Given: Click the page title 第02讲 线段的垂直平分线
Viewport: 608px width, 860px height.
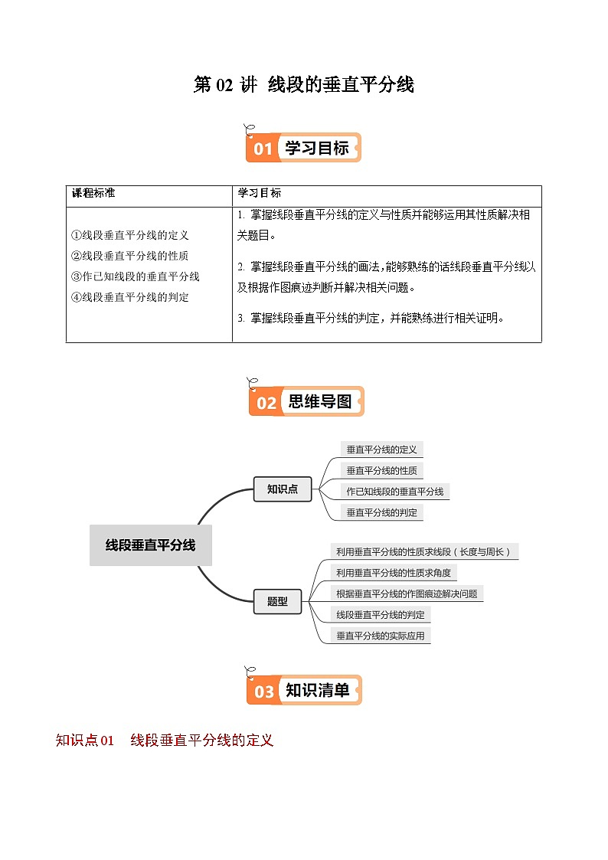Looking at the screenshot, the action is (304, 85).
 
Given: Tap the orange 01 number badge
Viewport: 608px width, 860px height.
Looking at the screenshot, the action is (263, 149).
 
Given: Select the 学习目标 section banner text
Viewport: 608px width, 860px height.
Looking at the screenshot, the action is (316, 148).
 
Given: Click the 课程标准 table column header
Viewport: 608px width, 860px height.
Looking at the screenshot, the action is (93, 193).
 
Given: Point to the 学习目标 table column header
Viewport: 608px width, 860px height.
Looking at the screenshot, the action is (260, 193).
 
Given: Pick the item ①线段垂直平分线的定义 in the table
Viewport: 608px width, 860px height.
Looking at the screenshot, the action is (129, 236).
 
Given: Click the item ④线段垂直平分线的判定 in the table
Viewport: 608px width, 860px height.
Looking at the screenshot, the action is (129, 297).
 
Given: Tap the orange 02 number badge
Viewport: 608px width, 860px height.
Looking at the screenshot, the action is (266, 402).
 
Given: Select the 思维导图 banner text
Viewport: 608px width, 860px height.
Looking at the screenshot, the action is (320, 401).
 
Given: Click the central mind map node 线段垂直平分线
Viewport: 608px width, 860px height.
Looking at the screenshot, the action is (150, 545).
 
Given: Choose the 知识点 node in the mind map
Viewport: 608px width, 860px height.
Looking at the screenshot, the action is (283, 489).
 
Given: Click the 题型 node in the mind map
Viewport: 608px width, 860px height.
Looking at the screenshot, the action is (277, 601).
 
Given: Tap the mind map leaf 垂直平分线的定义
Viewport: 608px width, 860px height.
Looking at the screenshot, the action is (381, 450).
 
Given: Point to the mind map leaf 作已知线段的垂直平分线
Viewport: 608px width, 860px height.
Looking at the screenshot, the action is (394, 492).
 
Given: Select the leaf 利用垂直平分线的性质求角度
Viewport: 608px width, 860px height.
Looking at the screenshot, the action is (394, 572).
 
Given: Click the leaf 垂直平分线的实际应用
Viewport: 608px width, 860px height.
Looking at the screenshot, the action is (381, 635).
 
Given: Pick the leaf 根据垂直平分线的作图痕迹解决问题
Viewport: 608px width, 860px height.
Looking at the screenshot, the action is (407, 593).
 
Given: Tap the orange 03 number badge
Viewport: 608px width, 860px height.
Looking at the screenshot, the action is (263, 692).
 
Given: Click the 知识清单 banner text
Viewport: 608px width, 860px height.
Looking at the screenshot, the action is (317, 691).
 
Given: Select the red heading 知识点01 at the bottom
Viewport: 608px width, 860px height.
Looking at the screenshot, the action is (85, 741).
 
